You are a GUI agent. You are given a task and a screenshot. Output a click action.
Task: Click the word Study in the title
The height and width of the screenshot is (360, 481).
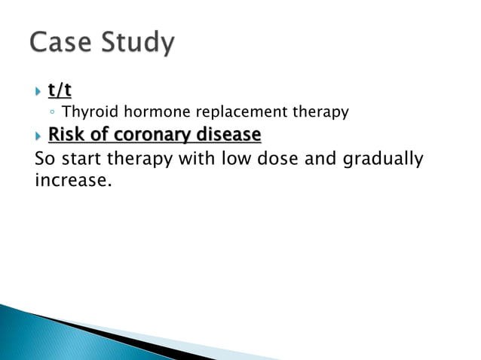coord(136,43)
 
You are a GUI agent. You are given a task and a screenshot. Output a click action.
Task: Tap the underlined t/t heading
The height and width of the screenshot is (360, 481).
coord(60,90)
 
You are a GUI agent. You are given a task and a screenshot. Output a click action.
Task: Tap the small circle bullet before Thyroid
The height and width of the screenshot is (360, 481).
coord(51,113)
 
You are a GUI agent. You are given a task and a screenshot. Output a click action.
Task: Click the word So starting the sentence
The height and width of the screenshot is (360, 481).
coord(45,159)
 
